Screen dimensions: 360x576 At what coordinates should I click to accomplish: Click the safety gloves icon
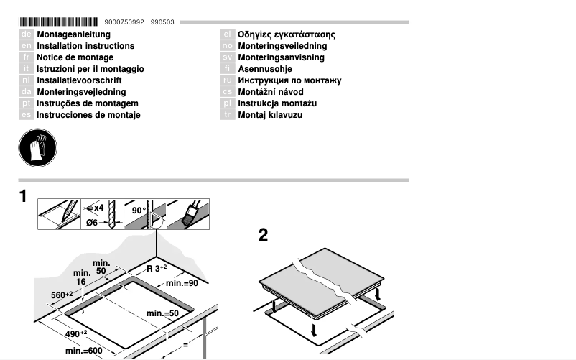(x=37, y=149)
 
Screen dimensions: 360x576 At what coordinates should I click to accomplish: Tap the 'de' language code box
(x=25, y=34)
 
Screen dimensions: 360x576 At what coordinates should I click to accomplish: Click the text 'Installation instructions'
(x=85, y=46)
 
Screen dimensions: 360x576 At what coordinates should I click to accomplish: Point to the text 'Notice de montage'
(x=75, y=57)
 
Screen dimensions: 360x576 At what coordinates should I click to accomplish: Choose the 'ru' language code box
(x=227, y=80)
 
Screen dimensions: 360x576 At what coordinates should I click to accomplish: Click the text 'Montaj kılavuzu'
(x=270, y=115)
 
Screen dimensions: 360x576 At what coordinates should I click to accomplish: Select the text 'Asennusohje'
(x=265, y=69)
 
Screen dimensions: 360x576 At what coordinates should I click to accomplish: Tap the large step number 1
(x=23, y=196)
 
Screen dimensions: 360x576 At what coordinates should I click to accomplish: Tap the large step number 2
(x=263, y=235)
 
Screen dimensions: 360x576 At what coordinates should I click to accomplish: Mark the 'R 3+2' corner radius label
(x=156, y=269)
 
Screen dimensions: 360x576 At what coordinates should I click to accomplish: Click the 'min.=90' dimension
(x=182, y=284)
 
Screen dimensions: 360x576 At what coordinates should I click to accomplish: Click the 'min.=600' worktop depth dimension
(x=83, y=351)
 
